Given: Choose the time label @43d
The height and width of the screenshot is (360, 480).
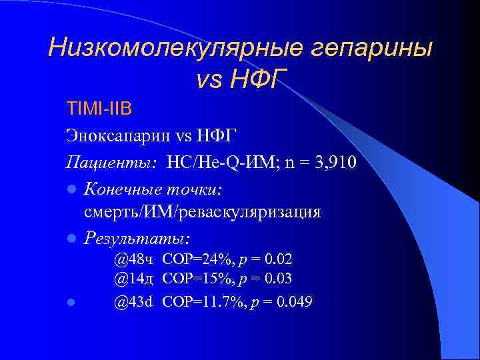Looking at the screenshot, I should pos(133,301).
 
